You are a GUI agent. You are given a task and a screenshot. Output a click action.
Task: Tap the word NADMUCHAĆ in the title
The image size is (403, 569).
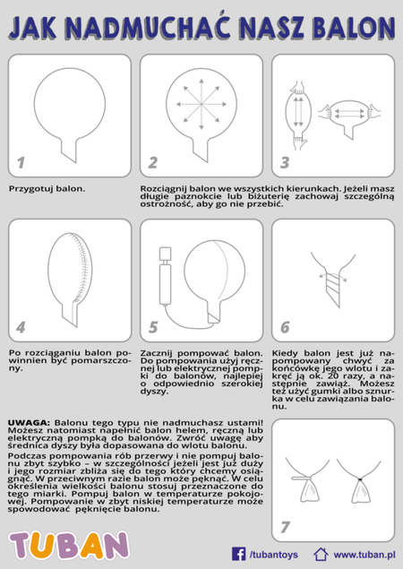[x=155, y=28]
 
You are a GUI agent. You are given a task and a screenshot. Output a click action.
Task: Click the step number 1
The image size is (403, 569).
[x=21, y=163]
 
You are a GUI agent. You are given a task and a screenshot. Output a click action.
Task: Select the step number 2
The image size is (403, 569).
[x=153, y=163]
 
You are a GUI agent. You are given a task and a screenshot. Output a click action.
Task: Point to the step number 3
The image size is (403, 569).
[x=285, y=163]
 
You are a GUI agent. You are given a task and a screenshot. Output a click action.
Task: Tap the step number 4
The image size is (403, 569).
[x=21, y=327]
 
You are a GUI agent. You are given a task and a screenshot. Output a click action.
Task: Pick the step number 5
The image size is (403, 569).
[x=153, y=327]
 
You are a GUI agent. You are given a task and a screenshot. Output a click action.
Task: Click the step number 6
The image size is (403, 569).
[x=285, y=327]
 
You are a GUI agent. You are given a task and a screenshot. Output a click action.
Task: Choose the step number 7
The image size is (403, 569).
[x=286, y=526]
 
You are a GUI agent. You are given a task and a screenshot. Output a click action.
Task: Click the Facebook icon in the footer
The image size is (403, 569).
[x=239, y=554]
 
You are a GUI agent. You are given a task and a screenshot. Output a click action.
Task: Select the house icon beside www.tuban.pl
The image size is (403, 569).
[x=321, y=554]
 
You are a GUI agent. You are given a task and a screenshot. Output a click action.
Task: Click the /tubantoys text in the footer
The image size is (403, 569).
[x=274, y=555]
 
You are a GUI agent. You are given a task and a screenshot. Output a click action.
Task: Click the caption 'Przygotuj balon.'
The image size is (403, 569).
[x=47, y=189]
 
